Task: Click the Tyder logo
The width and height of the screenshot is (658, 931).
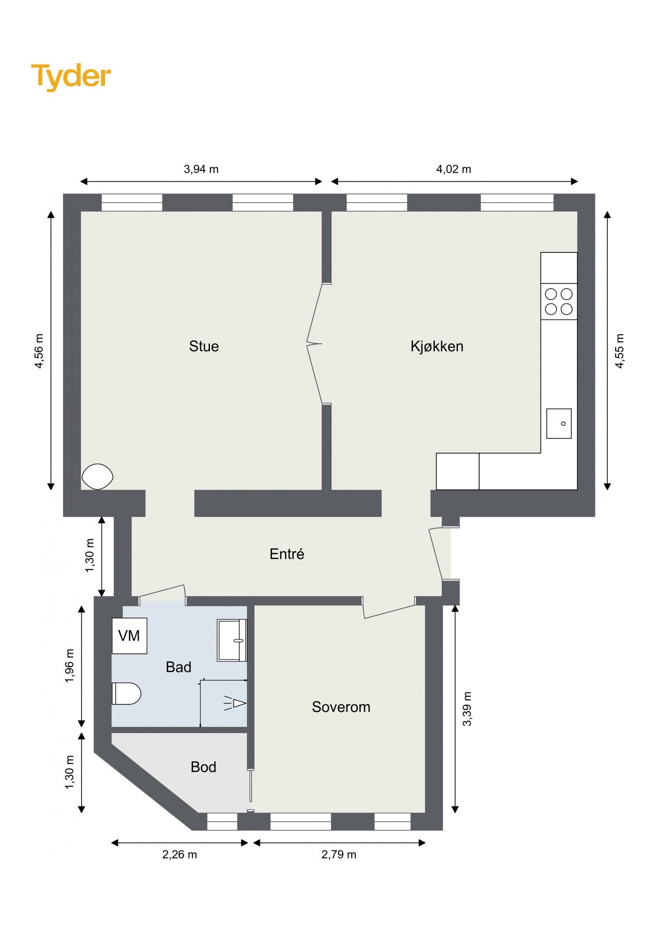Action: click(x=71, y=77)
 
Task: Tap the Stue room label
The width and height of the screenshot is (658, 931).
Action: click(x=204, y=346)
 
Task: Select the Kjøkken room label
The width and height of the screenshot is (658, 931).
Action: click(x=437, y=346)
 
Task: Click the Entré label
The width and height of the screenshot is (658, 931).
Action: click(x=287, y=554)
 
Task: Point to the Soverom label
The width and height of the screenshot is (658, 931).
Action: click(x=341, y=707)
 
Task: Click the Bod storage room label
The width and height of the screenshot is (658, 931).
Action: click(x=203, y=767)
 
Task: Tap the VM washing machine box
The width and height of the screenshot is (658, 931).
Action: click(x=129, y=636)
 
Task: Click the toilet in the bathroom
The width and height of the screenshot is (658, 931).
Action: click(x=126, y=694)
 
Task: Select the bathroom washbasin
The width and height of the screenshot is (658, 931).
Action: click(x=232, y=640)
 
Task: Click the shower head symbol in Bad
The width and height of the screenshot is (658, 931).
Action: click(x=236, y=703)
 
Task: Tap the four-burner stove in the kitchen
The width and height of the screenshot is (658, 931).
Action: click(x=559, y=302)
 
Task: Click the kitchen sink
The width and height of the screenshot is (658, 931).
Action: click(x=559, y=423)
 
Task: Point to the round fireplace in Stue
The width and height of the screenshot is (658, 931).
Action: click(x=97, y=476)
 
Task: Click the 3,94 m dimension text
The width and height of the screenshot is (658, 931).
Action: click(x=201, y=169)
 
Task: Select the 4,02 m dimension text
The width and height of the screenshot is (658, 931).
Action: click(x=453, y=169)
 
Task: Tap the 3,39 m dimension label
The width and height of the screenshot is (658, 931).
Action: click(x=467, y=709)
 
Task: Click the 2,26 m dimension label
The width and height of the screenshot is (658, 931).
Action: click(x=179, y=854)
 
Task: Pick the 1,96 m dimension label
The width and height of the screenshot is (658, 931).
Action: click(x=70, y=666)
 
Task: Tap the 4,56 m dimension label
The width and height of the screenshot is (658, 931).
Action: click(x=39, y=351)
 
